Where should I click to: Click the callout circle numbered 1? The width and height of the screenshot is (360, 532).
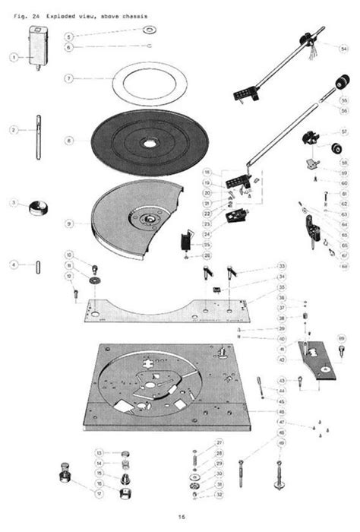click(x=14, y=57)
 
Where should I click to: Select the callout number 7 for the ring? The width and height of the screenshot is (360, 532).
click(x=68, y=78)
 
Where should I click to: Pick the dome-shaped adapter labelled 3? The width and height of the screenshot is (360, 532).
click(x=36, y=207)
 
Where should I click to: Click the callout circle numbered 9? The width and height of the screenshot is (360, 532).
click(x=68, y=223)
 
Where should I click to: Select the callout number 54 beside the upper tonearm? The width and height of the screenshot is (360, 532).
click(x=344, y=47)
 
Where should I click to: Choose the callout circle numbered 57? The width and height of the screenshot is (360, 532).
click(x=344, y=131)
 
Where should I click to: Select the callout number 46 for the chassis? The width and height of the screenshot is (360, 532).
click(x=282, y=411)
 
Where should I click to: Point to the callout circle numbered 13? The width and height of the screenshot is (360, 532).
click(x=99, y=452)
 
